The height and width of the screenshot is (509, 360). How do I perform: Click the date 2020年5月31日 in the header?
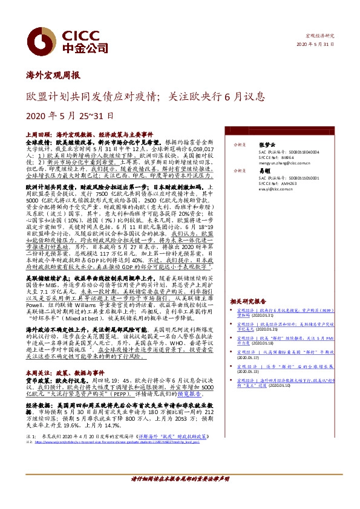[316, 45]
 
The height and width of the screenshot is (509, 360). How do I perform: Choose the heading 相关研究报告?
[249, 300]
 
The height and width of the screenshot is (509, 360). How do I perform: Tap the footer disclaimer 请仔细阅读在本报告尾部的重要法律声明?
[180, 479]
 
